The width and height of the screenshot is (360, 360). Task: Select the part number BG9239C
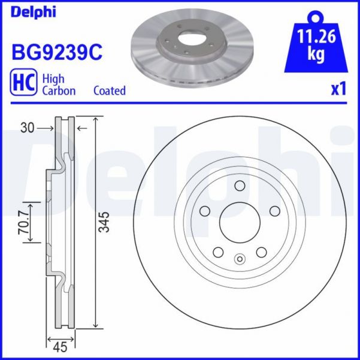click(57, 52)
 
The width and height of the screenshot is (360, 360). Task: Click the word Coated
click(110, 90)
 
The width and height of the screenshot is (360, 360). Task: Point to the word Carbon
click(59, 90)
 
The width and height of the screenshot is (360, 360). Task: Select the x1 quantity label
click(340, 89)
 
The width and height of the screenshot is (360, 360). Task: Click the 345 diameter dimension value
click(104, 223)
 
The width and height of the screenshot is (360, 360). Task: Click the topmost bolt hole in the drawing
click(239, 186)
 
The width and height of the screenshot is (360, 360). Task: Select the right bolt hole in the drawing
click(275, 211)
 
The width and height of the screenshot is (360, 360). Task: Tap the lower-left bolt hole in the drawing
click(218, 253)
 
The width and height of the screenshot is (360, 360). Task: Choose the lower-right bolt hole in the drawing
click(261, 253)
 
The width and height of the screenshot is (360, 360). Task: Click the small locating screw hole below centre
click(240, 259)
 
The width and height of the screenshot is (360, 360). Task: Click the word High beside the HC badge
click(53, 78)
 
